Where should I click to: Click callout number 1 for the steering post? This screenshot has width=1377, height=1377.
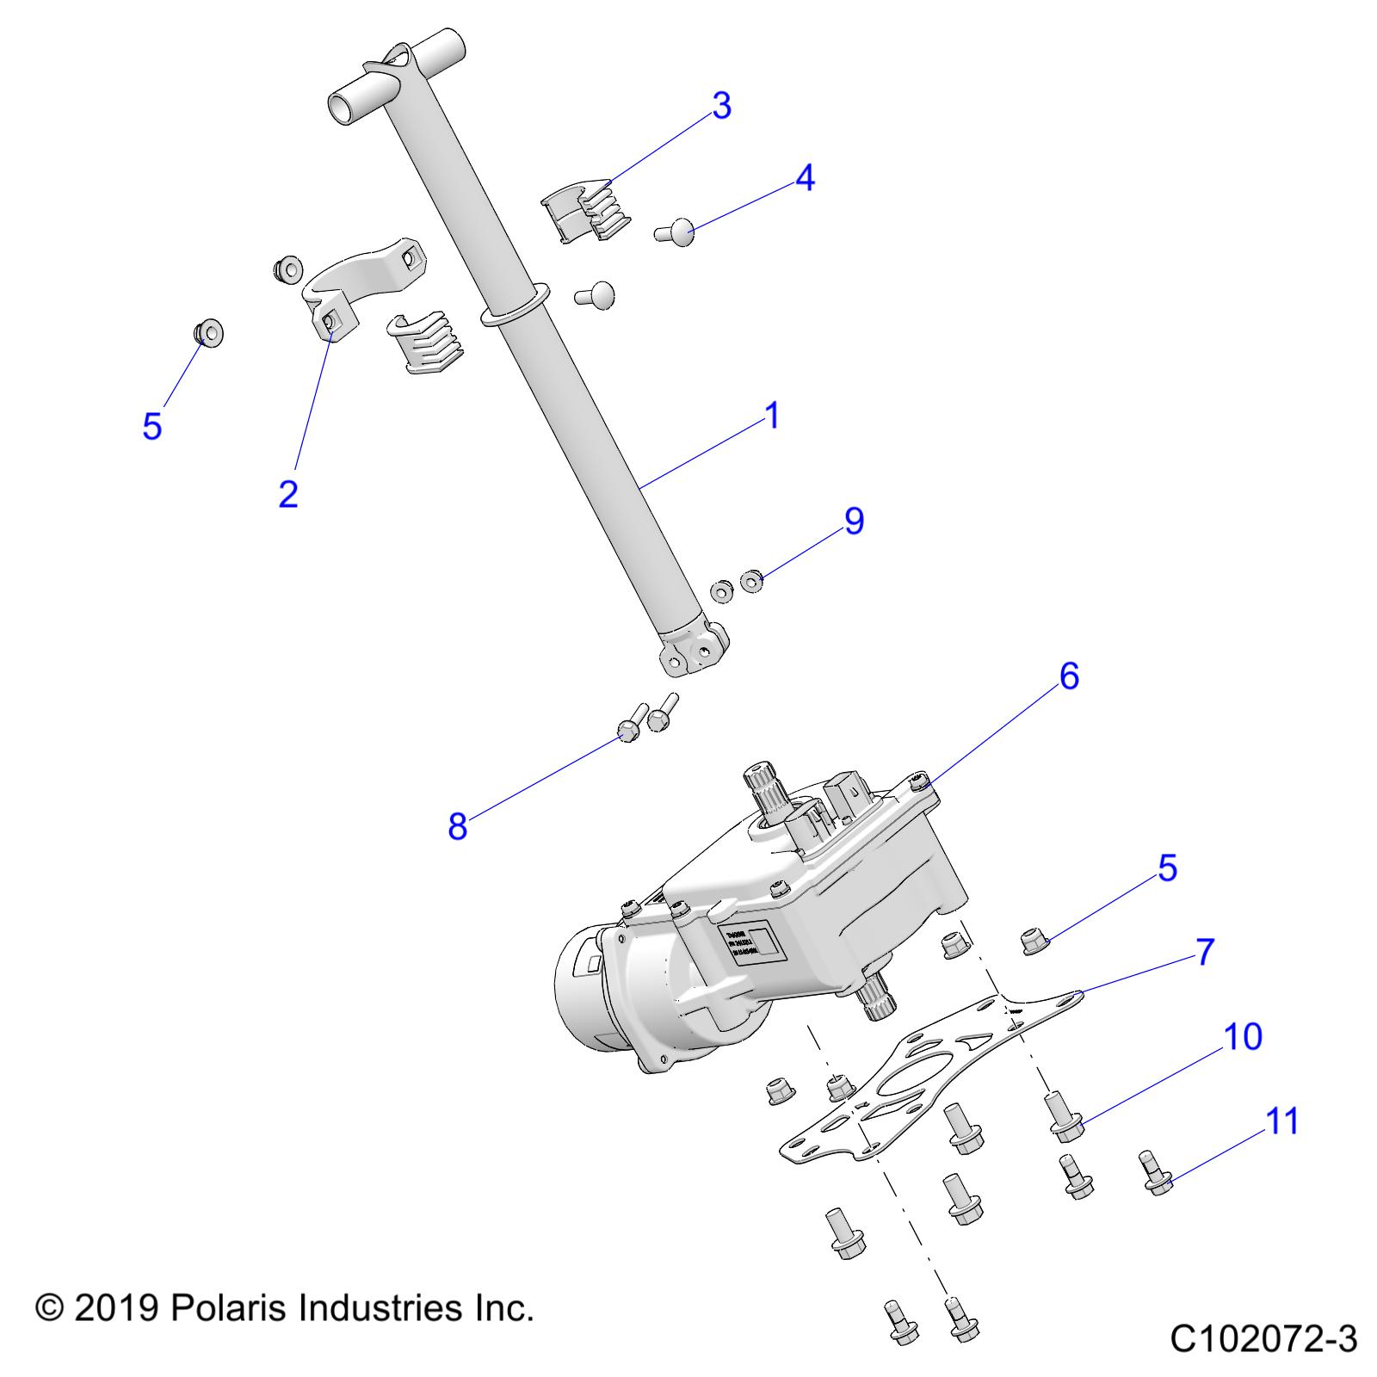coord(772,415)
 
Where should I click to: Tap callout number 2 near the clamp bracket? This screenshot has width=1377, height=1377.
coord(288,493)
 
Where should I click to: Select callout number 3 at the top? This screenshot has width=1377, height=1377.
coord(721,105)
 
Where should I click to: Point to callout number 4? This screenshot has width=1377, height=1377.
coord(804,178)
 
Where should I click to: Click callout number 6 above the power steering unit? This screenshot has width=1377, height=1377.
coord(1068,676)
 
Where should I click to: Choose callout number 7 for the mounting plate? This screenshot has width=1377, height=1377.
coord(1204,952)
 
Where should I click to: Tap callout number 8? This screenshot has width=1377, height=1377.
coord(457,826)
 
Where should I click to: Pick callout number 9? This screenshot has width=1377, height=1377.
coord(854,521)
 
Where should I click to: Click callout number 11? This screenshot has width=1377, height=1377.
coord(1283,1121)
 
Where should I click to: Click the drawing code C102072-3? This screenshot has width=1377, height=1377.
coord(1263,1339)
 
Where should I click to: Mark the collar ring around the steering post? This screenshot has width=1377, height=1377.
coord(513,303)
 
